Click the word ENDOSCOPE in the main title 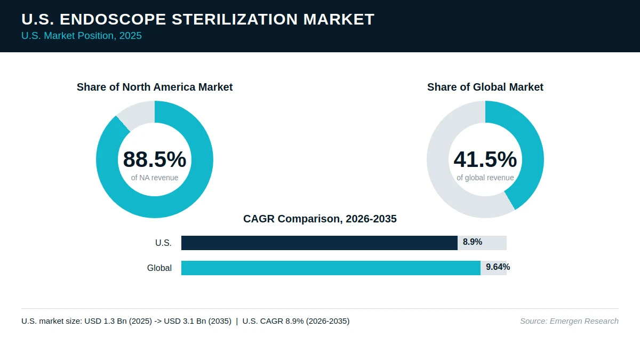click(x=113, y=19)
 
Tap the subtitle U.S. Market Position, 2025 click(x=82, y=36)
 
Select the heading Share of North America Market click(x=155, y=87)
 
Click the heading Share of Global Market click(x=485, y=87)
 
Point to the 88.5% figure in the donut click(x=155, y=159)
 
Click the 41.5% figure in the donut click(x=485, y=159)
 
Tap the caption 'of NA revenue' click(x=155, y=178)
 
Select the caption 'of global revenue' click(x=485, y=178)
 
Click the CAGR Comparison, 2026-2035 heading click(x=320, y=219)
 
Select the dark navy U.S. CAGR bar click(x=319, y=243)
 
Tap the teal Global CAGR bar click(x=331, y=268)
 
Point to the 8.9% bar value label click(x=473, y=242)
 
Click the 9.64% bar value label click(x=498, y=267)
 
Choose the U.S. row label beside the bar click(x=163, y=243)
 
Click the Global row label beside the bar click(x=159, y=268)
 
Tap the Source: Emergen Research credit click(x=569, y=321)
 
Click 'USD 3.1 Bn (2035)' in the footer click(x=198, y=321)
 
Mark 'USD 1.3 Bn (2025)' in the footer click(x=118, y=321)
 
